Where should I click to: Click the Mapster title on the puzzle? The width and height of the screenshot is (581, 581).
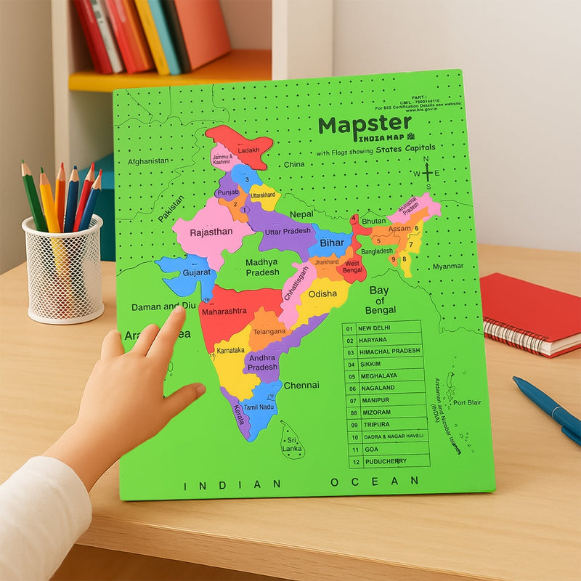(365, 125)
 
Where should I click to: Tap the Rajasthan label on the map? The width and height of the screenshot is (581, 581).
(211, 232)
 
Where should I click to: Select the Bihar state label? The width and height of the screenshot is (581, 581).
(331, 242)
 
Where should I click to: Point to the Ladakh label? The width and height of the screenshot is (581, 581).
(248, 150)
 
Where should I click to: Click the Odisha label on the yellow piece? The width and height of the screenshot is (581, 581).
(322, 293)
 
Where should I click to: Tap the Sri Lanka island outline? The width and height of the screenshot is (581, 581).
(292, 440)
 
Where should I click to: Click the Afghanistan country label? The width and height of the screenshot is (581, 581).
(148, 161)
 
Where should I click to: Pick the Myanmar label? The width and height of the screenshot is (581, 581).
(447, 267)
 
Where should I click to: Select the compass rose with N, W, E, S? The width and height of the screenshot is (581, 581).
(427, 173)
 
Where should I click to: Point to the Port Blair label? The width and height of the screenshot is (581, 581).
(467, 402)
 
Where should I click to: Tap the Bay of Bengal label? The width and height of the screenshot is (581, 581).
(381, 300)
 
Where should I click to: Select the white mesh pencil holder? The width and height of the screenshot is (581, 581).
(64, 269)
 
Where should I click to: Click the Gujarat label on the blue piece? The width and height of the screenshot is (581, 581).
(197, 272)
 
